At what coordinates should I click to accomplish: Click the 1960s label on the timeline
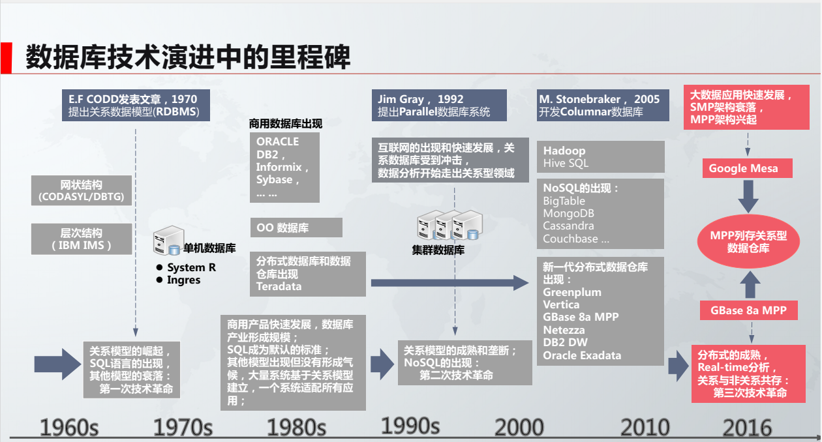69,428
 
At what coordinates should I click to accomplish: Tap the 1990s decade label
410,426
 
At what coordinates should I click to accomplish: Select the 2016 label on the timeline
747,428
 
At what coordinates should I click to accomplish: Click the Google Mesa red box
743,168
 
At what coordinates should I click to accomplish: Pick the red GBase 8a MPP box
749,310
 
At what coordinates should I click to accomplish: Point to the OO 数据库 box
296,228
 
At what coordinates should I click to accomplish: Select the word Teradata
279,286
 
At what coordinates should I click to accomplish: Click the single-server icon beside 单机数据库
166,241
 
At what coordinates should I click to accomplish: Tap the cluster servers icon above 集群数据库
449,226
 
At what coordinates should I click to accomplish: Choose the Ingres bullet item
183,280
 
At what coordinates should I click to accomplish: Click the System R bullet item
190,267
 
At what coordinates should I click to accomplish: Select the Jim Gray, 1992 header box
439,105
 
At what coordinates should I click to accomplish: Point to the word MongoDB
568,213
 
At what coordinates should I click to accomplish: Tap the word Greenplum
572,292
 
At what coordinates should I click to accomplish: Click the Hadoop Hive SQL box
600,156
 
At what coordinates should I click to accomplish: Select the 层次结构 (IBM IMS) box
82,239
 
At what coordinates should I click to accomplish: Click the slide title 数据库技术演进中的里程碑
189,58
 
